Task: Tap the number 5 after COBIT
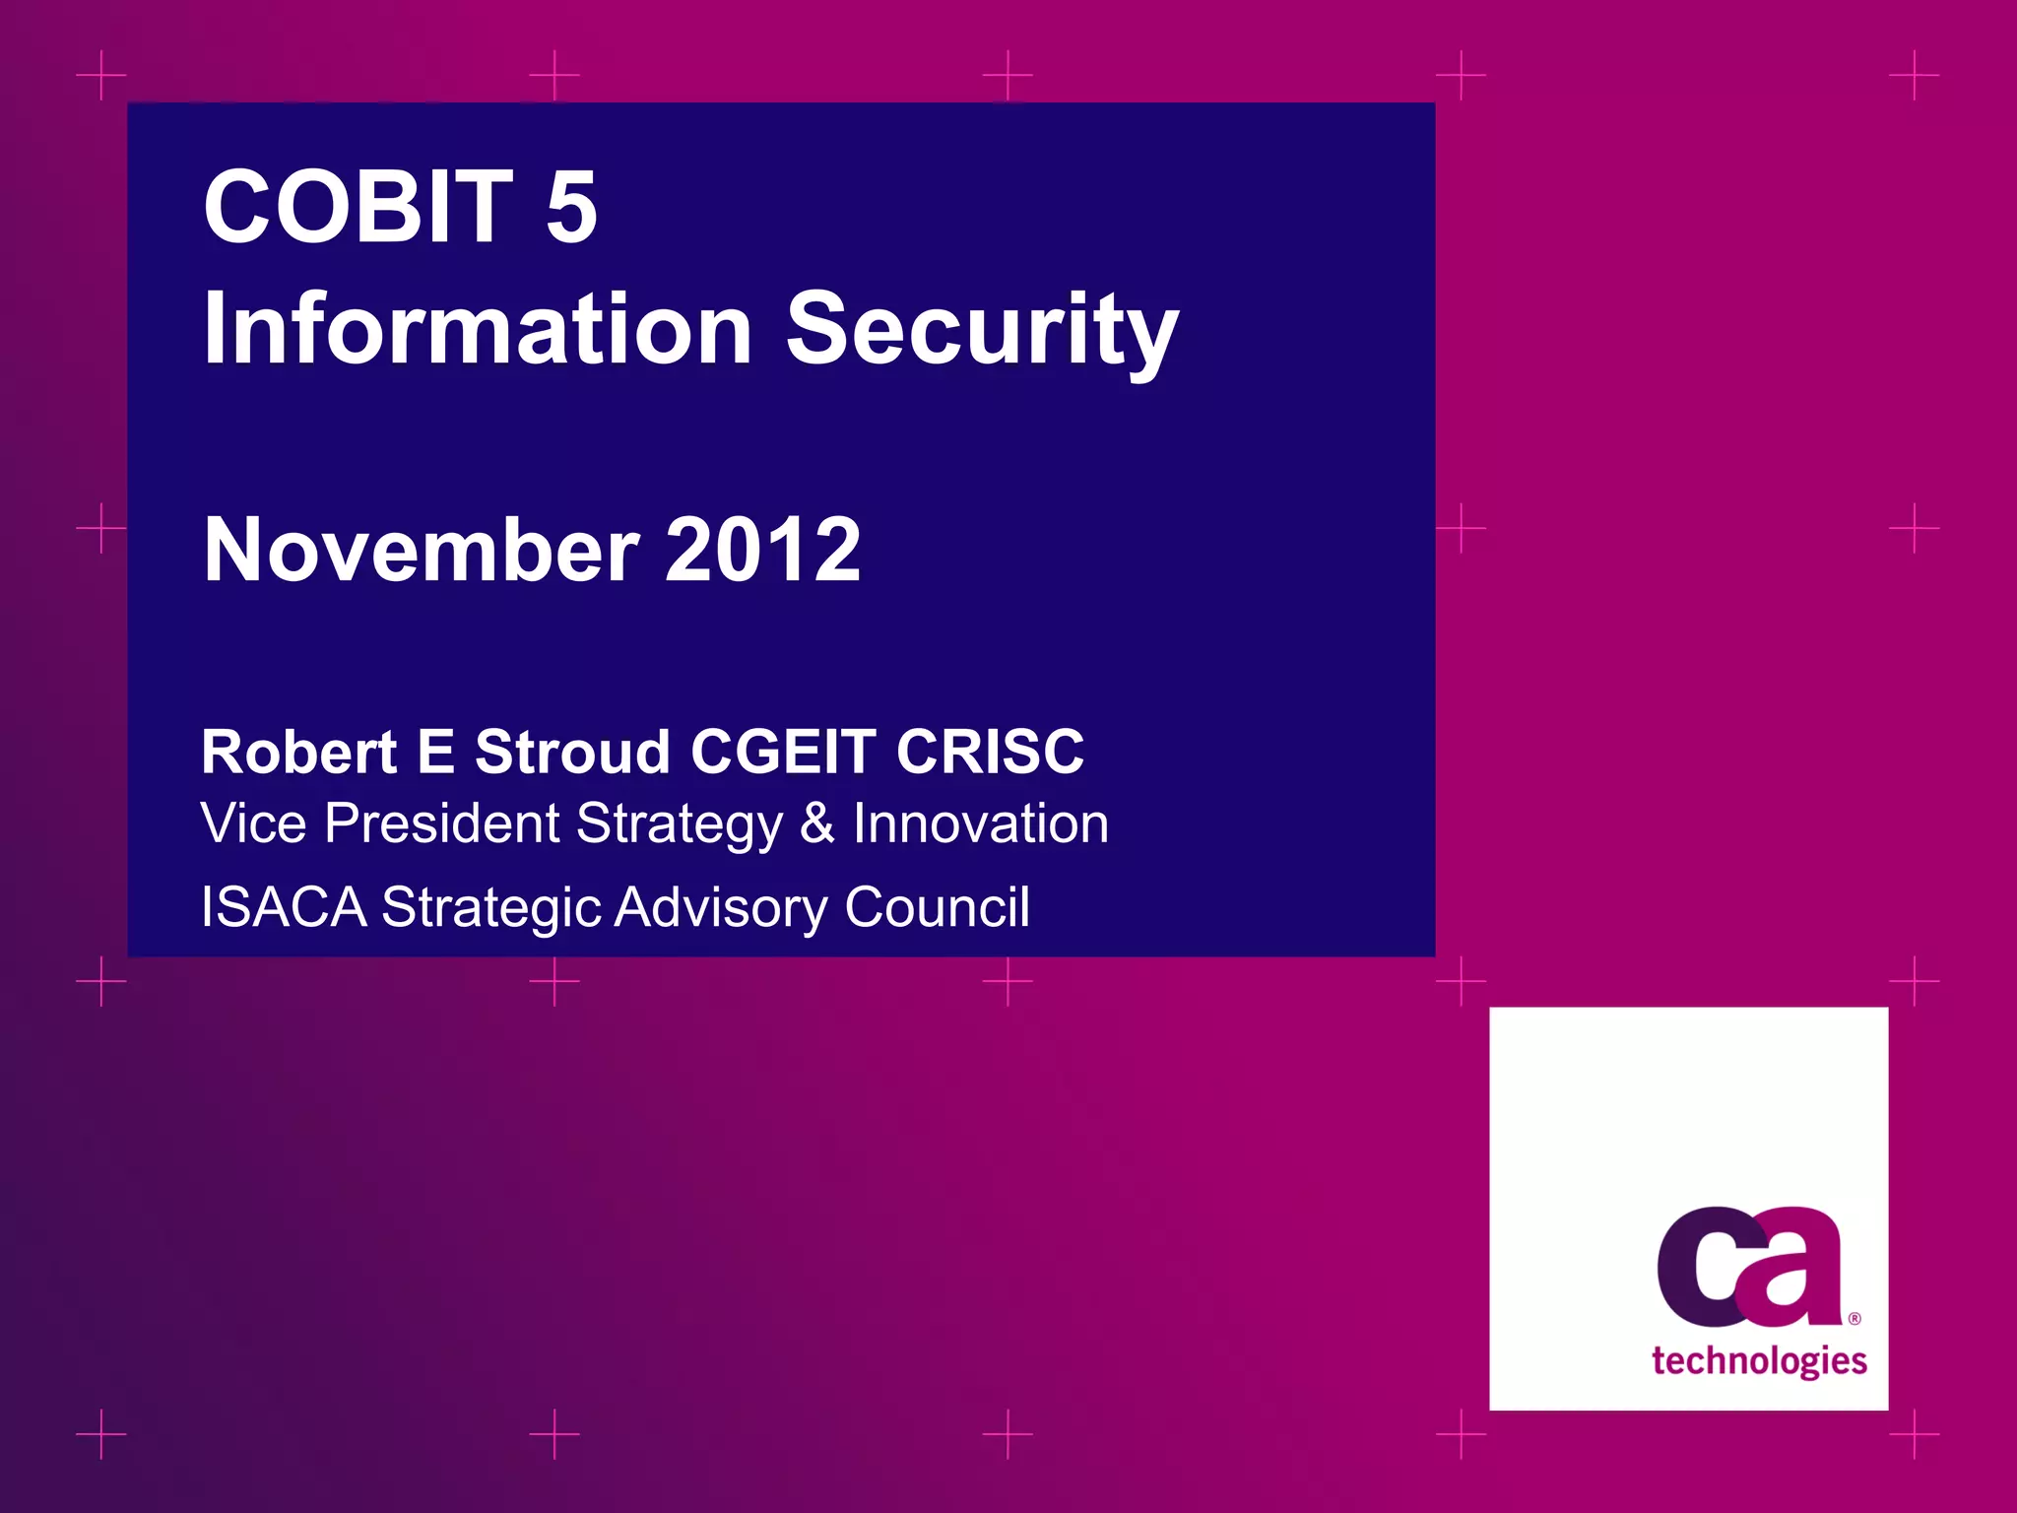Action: point(571,208)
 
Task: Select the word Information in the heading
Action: point(478,329)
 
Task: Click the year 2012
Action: point(762,550)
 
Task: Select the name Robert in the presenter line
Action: point(298,753)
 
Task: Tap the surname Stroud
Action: point(572,753)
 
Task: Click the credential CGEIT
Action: point(783,753)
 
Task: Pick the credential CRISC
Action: point(989,753)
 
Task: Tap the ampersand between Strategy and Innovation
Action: point(816,823)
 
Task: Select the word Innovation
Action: point(980,823)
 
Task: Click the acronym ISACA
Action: point(284,907)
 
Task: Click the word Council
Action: point(937,907)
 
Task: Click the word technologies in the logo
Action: point(1759,1361)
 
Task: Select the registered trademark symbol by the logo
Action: point(1854,1318)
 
